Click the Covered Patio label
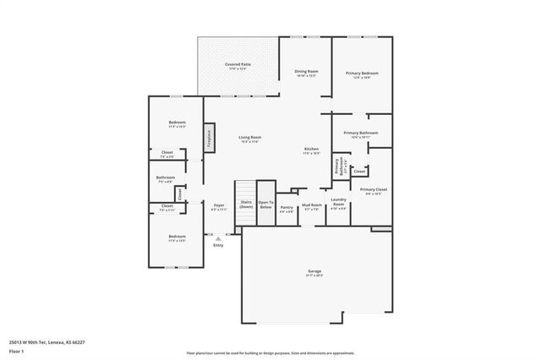[238, 64]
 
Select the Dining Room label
[305, 73]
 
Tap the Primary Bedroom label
[362, 74]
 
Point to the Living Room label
[249, 138]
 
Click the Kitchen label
[312, 150]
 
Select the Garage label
[314, 271]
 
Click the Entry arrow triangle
[218, 238]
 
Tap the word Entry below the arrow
[218, 246]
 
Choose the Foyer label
[218, 205]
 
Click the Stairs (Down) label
[246, 205]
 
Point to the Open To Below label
[265, 205]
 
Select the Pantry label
[287, 207]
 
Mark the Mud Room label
[312, 205]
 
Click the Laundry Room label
[338, 204]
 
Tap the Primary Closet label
[373, 190]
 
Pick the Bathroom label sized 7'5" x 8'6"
[165, 177]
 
